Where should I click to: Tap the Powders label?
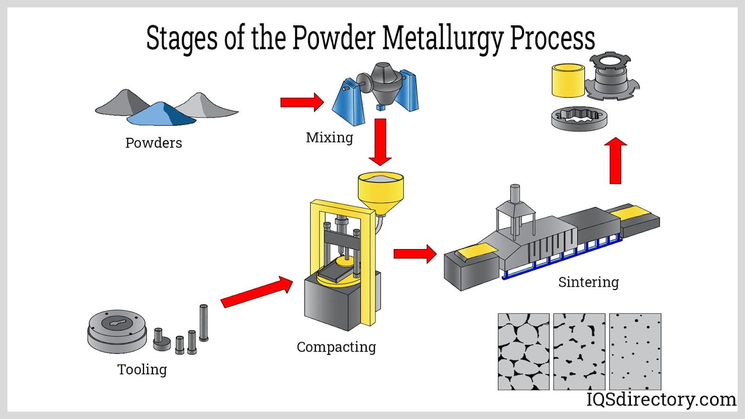click(154, 143)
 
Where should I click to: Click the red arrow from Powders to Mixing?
click(302, 102)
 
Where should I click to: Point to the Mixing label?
click(329, 138)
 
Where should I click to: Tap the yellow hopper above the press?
click(380, 191)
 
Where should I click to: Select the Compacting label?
click(336, 347)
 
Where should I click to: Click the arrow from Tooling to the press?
click(257, 291)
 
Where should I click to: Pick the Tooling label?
click(142, 370)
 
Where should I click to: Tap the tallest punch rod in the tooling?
click(203, 322)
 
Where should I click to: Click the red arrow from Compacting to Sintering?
click(415, 254)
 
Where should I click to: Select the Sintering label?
click(589, 282)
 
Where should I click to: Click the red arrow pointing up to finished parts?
click(616, 161)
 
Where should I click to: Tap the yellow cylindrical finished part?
click(568, 81)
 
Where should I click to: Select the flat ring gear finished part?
click(579, 118)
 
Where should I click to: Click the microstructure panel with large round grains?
click(523, 351)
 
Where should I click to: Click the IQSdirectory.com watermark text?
click(661, 399)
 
